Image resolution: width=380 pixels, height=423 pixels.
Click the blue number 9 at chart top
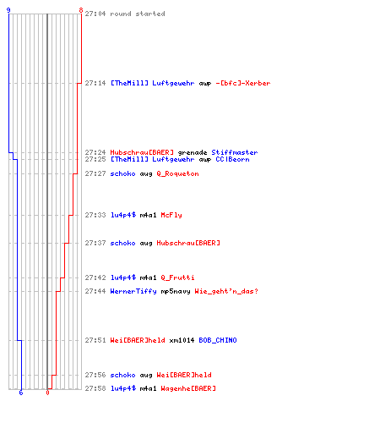(x=8, y=10)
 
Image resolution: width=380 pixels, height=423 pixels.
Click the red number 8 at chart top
(x=81, y=10)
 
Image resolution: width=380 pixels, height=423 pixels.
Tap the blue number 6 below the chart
(x=21, y=393)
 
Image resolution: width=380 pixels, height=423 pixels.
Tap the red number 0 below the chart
(x=47, y=393)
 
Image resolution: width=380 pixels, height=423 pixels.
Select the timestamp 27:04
(x=95, y=14)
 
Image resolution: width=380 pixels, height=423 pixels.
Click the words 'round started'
(x=138, y=14)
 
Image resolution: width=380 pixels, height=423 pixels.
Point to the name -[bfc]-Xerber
(x=243, y=83)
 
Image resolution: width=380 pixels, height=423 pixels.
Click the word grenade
(x=193, y=153)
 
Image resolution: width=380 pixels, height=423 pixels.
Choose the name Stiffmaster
(x=235, y=152)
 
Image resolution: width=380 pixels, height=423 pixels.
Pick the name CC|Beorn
(x=232, y=160)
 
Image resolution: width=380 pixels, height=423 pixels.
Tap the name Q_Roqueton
(x=177, y=173)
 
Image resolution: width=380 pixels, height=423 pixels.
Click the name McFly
(x=171, y=215)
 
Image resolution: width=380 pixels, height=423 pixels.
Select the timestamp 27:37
(x=95, y=243)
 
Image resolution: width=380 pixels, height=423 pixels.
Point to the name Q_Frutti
(x=177, y=277)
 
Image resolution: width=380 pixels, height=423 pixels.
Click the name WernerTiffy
(x=133, y=291)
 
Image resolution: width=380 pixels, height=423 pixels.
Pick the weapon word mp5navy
(x=176, y=292)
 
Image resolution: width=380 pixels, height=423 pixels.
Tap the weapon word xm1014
(x=182, y=340)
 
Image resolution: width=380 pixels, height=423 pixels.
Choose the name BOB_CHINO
(x=218, y=340)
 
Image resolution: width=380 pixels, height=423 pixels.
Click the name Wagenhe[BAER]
(x=188, y=388)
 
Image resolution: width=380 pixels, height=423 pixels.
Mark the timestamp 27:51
(x=95, y=340)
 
